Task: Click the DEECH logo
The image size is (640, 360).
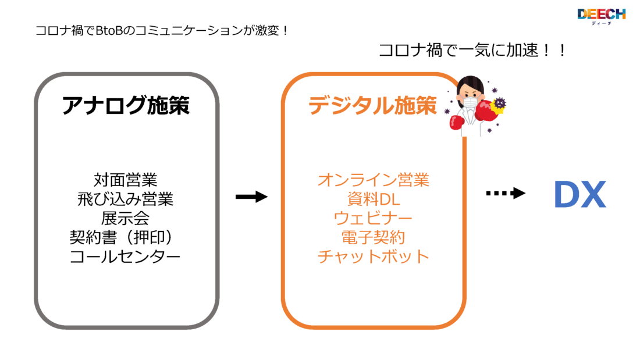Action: coord(601,16)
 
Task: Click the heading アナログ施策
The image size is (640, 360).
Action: coord(126,107)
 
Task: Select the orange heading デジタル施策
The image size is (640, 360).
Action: coord(372,106)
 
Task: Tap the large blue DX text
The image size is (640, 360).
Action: coord(579,196)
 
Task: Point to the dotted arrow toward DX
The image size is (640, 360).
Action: coord(506,194)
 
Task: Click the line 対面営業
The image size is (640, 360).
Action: coord(126,179)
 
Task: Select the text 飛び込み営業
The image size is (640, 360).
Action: coord(126,199)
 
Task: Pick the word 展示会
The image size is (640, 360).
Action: coord(126,218)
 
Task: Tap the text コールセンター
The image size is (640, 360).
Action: coord(125,256)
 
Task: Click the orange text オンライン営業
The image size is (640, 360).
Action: coord(373,180)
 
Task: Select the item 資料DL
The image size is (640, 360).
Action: coord(373,199)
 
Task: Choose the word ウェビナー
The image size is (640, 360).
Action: coord(373,218)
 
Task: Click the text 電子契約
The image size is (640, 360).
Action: coord(373,237)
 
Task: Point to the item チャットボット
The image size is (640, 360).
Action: coord(373,256)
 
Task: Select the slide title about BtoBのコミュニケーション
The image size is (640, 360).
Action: coord(162,30)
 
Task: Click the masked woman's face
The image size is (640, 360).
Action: coord(470,93)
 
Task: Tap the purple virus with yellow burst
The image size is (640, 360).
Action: coord(499,104)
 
